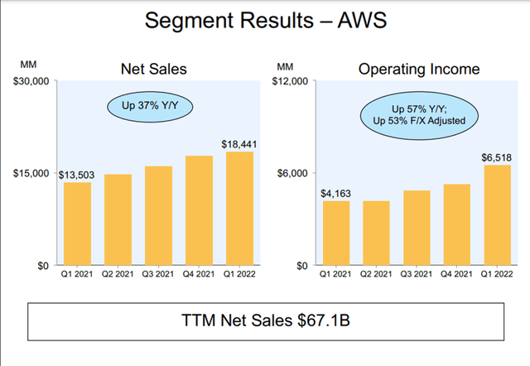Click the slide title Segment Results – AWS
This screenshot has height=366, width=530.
coord(264,21)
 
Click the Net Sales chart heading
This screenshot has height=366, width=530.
coord(155,70)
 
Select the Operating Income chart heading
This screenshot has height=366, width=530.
coord(414,70)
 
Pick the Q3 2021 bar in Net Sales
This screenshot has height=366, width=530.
coord(158,215)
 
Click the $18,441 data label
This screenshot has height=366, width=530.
coord(238,143)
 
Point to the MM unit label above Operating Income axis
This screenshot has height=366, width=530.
coord(286,65)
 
